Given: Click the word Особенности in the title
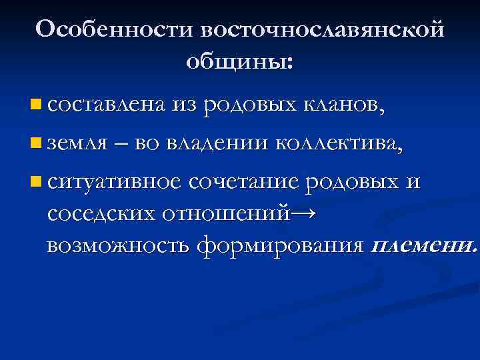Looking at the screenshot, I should pyautogui.click(x=115, y=29).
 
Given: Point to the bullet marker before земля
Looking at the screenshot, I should pyautogui.click(x=35, y=143).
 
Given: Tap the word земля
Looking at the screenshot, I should pyautogui.click(x=77, y=143).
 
